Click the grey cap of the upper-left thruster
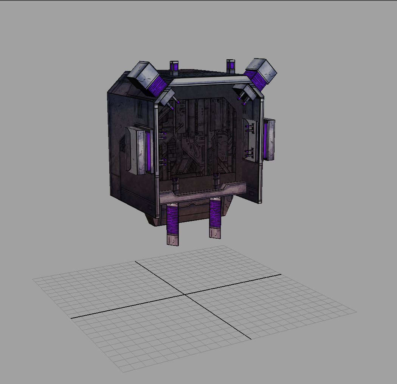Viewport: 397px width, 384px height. coord(143,74)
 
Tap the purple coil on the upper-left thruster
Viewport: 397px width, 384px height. coord(158,85)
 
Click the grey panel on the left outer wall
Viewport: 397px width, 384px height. coord(135,150)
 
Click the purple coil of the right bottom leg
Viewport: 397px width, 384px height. coord(215,213)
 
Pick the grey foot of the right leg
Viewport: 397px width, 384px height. coord(215,233)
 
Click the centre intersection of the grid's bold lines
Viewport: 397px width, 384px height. coord(184,295)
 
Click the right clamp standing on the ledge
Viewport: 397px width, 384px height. coord(216,180)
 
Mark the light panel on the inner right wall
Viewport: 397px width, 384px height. coord(250,139)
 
